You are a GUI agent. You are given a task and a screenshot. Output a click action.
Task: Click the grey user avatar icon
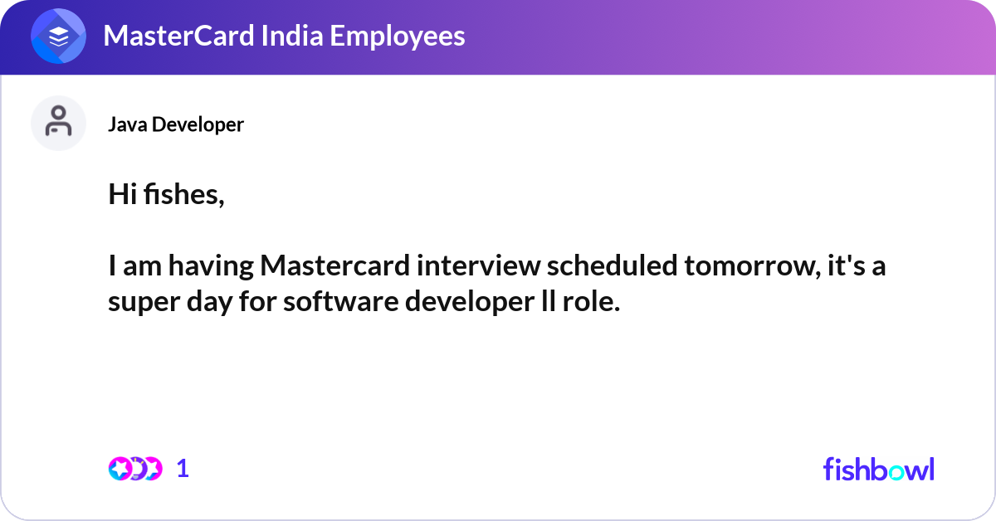pyautogui.click(x=58, y=123)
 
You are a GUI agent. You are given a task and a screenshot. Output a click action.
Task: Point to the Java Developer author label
pyautogui.click(x=176, y=124)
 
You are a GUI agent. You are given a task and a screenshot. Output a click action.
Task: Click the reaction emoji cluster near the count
pyautogui.click(x=134, y=469)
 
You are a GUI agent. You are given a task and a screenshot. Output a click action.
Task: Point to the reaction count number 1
pyautogui.click(x=183, y=469)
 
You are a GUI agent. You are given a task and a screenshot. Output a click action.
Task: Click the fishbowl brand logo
pyautogui.click(x=878, y=469)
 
